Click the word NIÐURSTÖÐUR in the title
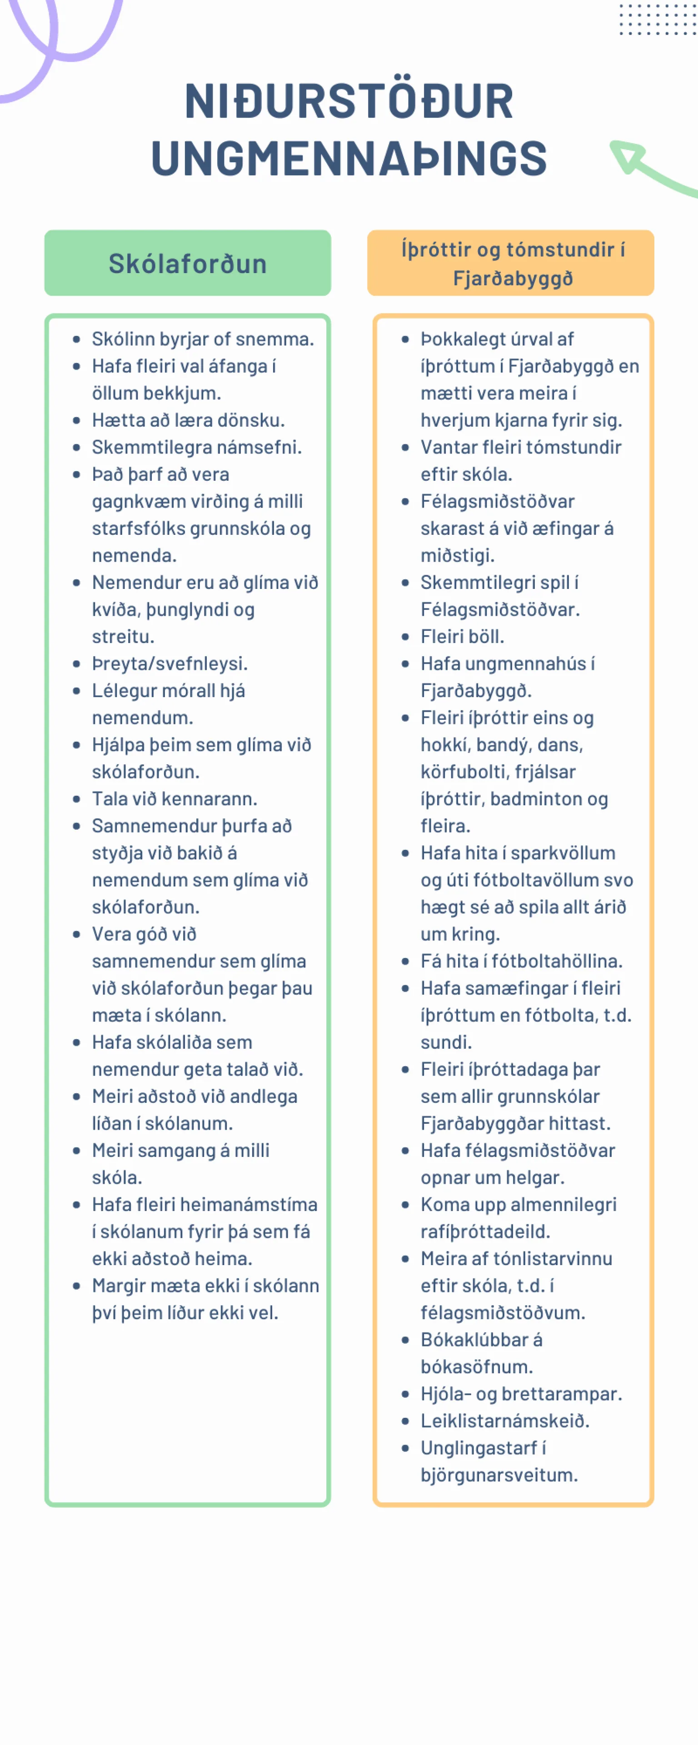coord(349,102)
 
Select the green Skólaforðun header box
coord(188,263)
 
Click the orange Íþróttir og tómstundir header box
coord(511,263)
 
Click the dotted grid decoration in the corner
coord(658,19)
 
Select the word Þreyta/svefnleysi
coord(170,663)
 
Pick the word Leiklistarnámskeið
coord(505,1421)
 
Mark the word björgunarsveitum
coord(499,1475)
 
